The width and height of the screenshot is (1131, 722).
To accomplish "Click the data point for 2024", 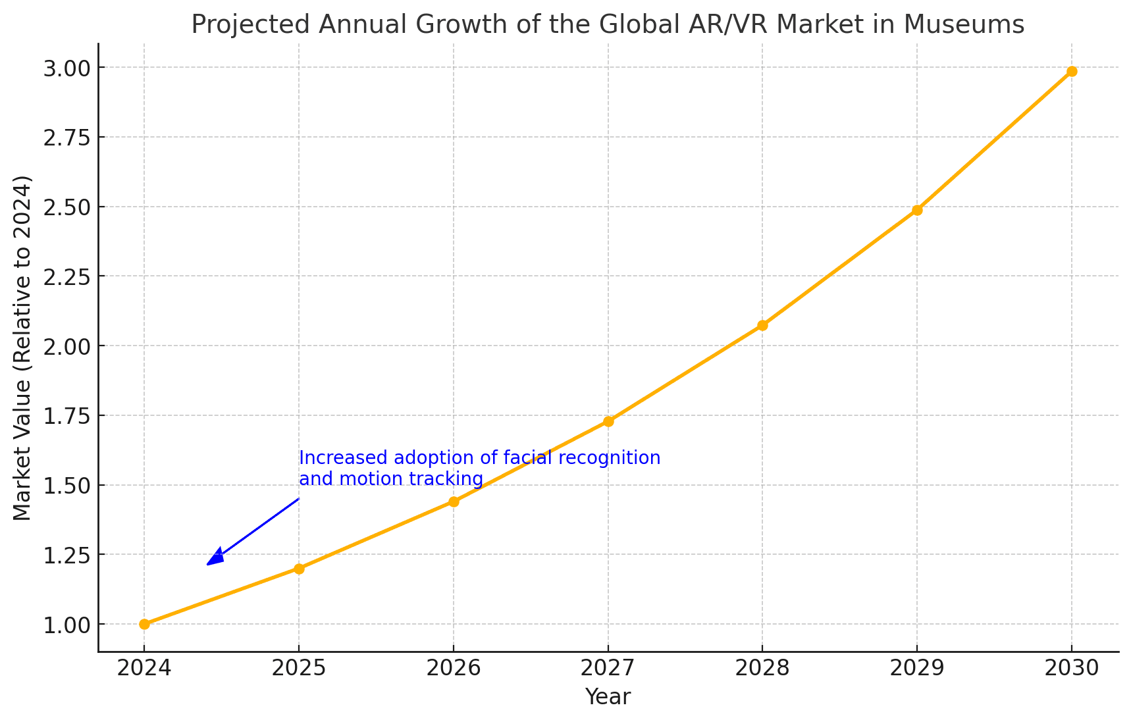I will (144, 624).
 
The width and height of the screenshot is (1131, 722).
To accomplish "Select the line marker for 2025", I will (299, 569).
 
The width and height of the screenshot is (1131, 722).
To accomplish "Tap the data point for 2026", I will (454, 502).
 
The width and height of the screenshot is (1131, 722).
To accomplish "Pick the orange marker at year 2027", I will (608, 421).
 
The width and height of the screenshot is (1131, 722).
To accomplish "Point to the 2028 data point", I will (762, 325).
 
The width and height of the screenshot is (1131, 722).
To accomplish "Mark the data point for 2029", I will (917, 210).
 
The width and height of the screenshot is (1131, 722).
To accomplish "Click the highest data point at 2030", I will (1072, 71).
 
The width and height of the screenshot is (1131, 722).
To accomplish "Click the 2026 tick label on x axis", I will (454, 669).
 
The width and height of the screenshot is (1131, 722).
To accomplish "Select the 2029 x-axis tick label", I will (917, 669).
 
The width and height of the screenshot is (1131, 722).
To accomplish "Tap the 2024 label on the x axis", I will (144, 669).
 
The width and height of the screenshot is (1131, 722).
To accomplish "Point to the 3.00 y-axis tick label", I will (65, 68).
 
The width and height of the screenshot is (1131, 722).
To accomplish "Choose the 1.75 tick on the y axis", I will (65, 415).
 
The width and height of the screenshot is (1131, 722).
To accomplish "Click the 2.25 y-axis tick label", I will (65, 276).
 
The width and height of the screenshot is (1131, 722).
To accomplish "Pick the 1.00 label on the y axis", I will (65, 624).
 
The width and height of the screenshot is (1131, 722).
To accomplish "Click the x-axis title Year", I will (608, 697).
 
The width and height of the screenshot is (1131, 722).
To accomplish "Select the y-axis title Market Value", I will (22, 348).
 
